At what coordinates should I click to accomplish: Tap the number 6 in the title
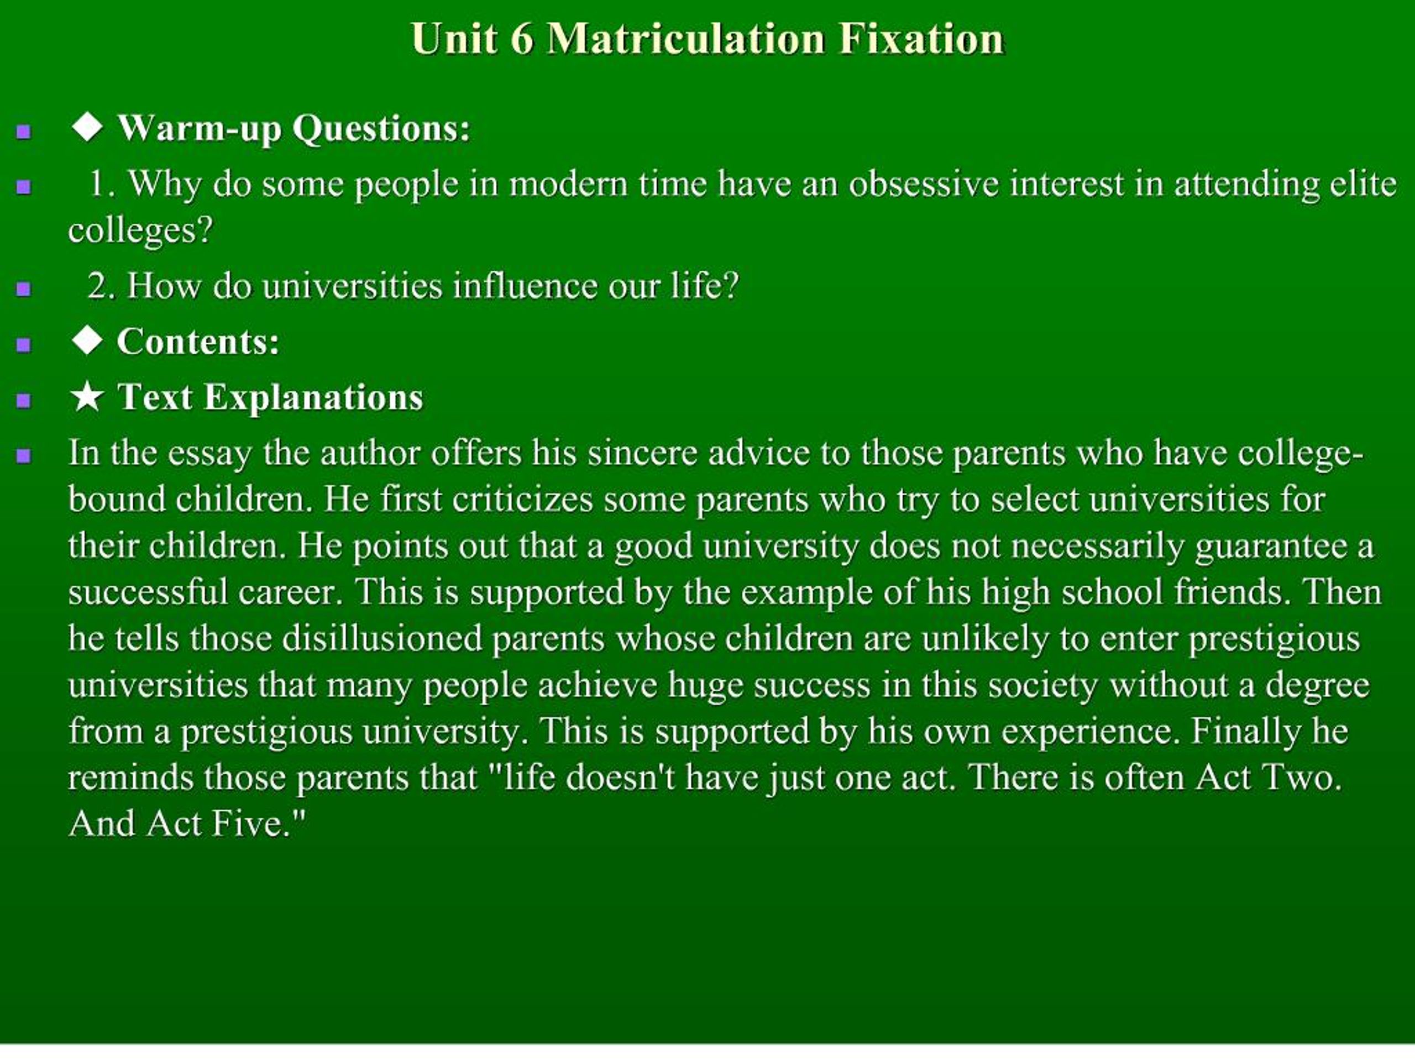[x=521, y=39]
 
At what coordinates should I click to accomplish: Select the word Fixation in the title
[x=921, y=39]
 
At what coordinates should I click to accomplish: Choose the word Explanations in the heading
[x=313, y=397]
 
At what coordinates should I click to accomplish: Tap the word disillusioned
[x=382, y=638]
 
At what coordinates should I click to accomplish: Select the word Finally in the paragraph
[x=1246, y=731]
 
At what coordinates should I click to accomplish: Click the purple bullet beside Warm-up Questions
[x=24, y=132]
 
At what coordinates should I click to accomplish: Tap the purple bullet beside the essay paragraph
[x=24, y=456]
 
